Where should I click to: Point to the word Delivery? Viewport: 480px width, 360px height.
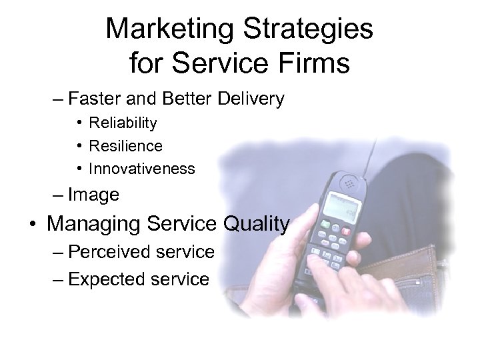(x=251, y=100)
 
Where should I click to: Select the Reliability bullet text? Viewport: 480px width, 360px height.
(x=123, y=123)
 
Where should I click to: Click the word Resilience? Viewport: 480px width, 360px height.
(x=125, y=146)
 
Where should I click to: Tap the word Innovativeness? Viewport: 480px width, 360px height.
(x=142, y=169)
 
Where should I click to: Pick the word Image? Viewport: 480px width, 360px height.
(x=93, y=195)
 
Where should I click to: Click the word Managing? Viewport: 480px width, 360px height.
(x=93, y=224)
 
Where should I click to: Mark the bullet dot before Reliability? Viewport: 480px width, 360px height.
(x=79, y=123)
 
